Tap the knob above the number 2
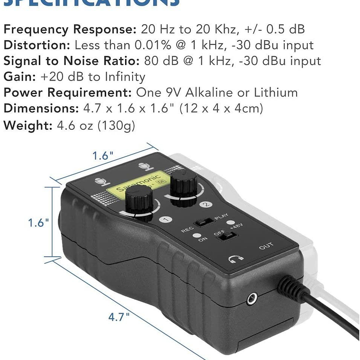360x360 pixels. pos(184,184)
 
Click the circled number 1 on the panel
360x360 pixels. pos(165,220)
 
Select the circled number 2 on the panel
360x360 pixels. pos(206,205)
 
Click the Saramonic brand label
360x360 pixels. pos(142,182)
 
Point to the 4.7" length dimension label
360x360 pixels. pos(119,317)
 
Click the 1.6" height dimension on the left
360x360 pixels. pos(38,222)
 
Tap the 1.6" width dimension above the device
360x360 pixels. pos(103,156)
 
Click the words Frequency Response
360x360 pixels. pos(70,29)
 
